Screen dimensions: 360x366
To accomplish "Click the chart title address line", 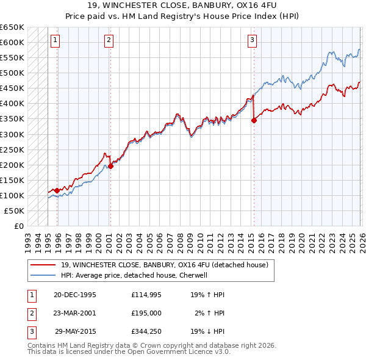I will (182, 6).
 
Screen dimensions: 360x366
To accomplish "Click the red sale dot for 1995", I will (57, 191).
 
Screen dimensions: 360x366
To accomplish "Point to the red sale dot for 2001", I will (110, 166).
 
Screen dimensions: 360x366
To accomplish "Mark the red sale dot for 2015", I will (254, 120).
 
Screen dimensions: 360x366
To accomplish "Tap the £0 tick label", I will (18, 226).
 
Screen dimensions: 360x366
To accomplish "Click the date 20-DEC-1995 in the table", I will (75, 295).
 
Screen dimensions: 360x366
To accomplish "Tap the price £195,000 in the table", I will (146, 313).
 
